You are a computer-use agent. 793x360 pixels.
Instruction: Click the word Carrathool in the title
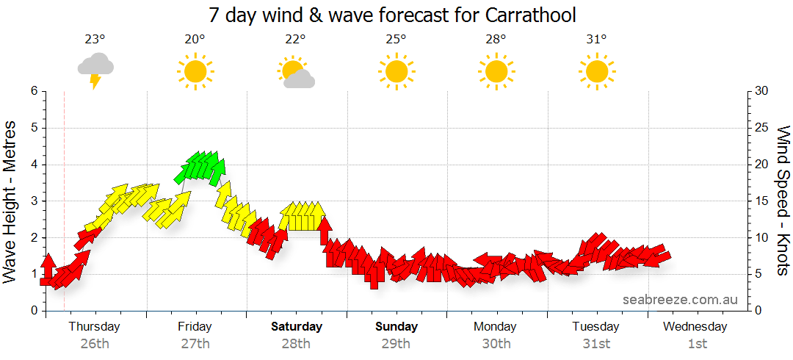pos(529,15)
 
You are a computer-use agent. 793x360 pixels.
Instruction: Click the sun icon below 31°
pos(596,72)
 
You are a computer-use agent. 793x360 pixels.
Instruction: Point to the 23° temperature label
pos(95,40)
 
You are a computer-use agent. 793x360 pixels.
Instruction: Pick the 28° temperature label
pos(496,40)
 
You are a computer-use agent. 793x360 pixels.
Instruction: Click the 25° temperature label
pos(395,40)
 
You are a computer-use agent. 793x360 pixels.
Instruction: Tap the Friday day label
pos(195,326)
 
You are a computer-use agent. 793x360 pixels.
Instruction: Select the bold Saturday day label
pos(297,326)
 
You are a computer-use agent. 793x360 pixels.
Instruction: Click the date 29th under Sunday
pos(396,343)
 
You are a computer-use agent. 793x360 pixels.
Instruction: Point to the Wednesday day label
pos(696,326)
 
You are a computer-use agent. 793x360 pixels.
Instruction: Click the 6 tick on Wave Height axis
pos(33,91)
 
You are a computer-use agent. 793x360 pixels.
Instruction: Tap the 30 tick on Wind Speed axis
pos(761,91)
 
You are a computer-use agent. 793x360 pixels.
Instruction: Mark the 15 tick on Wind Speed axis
pos(761,201)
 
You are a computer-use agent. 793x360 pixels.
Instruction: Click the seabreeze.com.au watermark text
pos(680,300)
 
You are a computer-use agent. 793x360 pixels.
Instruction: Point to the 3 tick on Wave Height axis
pos(33,201)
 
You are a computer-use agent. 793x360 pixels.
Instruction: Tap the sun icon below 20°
pos(195,72)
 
